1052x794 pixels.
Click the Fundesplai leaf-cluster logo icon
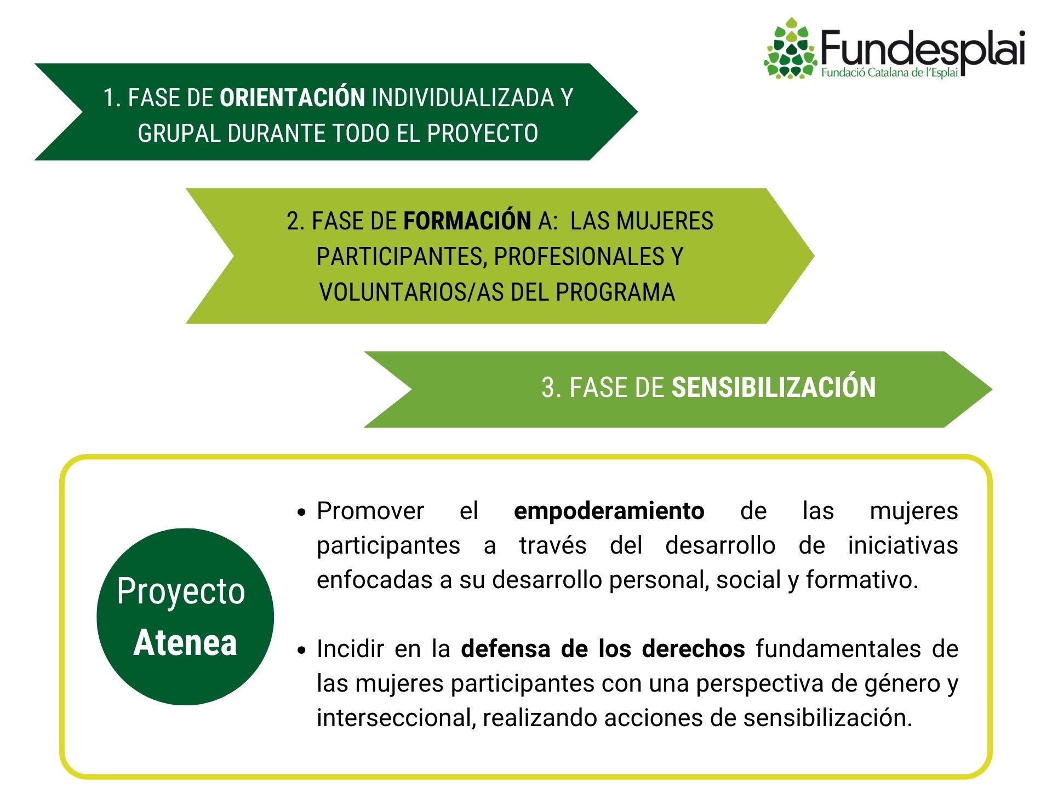click(790, 48)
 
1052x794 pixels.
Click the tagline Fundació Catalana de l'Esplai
click(889, 73)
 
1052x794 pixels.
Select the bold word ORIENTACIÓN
click(292, 97)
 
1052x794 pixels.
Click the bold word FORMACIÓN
click(467, 221)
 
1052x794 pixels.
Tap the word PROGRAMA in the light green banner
click(615, 292)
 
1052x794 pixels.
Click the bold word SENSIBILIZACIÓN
click(774, 387)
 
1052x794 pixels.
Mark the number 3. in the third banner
click(551, 388)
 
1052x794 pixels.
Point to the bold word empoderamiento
click(609, 511)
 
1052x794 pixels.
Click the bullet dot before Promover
click(301, 513)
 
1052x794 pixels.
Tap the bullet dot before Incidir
click(301, 651)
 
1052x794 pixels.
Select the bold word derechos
click(693, 648)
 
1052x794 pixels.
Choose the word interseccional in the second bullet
click(396, 718)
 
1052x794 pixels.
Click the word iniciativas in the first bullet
click(903, 545)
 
